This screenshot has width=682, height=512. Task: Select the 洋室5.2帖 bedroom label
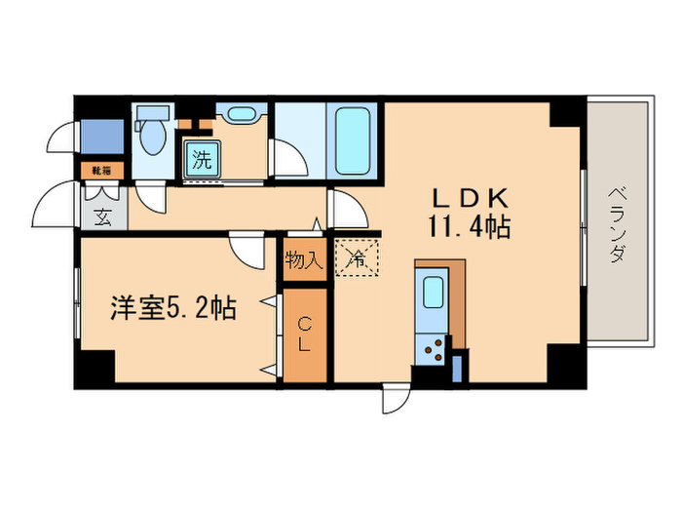[171, 308]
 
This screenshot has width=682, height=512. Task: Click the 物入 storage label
[304, 260]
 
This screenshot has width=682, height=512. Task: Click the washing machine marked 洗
[201, 160]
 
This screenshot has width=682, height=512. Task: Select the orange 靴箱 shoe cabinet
[101, 169]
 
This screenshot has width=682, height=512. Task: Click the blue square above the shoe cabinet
[101, 136]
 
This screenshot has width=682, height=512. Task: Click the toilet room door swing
[152, 198]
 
